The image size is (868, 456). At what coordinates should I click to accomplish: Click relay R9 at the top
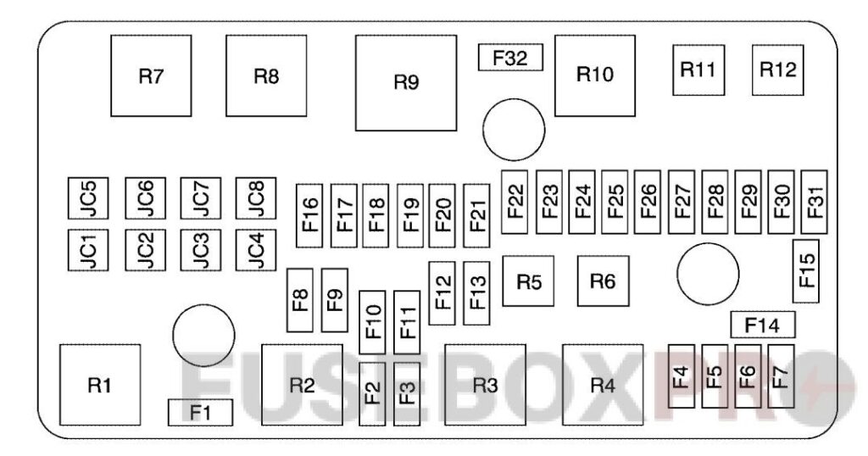406,82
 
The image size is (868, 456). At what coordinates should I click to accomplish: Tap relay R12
777,70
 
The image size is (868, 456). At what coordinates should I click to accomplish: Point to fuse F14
762,325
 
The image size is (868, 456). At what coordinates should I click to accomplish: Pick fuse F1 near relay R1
200,413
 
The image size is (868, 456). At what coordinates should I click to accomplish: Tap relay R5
528,281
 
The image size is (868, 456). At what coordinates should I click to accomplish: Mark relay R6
603,281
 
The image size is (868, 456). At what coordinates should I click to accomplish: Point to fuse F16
309,214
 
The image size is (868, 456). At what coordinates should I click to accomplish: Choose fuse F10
373,323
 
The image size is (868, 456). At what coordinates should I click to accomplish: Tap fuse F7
781,376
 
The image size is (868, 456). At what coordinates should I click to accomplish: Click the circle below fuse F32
513,129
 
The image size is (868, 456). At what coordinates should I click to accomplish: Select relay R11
699,70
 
